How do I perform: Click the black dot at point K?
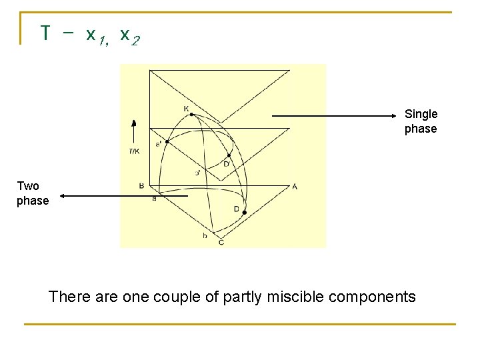[191, 115]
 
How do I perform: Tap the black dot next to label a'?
[167, 141]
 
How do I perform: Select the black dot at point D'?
[229, 156]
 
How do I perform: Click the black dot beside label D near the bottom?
[245, 213]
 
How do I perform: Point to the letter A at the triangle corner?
[295, 186]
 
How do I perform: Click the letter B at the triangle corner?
[141, 186]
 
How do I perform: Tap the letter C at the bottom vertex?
[221, 242]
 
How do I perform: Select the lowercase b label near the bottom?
[205, 235]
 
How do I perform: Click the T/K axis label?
[134, 151]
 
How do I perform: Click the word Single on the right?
[421, 114]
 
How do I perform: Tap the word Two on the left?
[28, 186]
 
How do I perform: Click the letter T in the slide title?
[45, 33]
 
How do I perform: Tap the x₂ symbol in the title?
[129, 35]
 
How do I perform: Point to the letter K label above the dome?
[186, 107]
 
